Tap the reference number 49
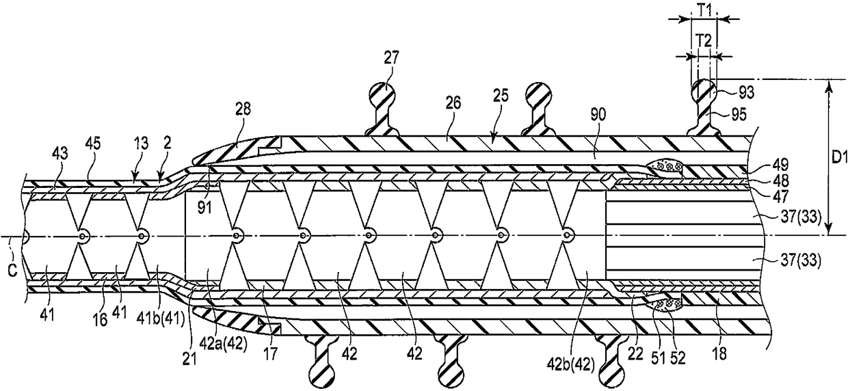click(x=782, y=163)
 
